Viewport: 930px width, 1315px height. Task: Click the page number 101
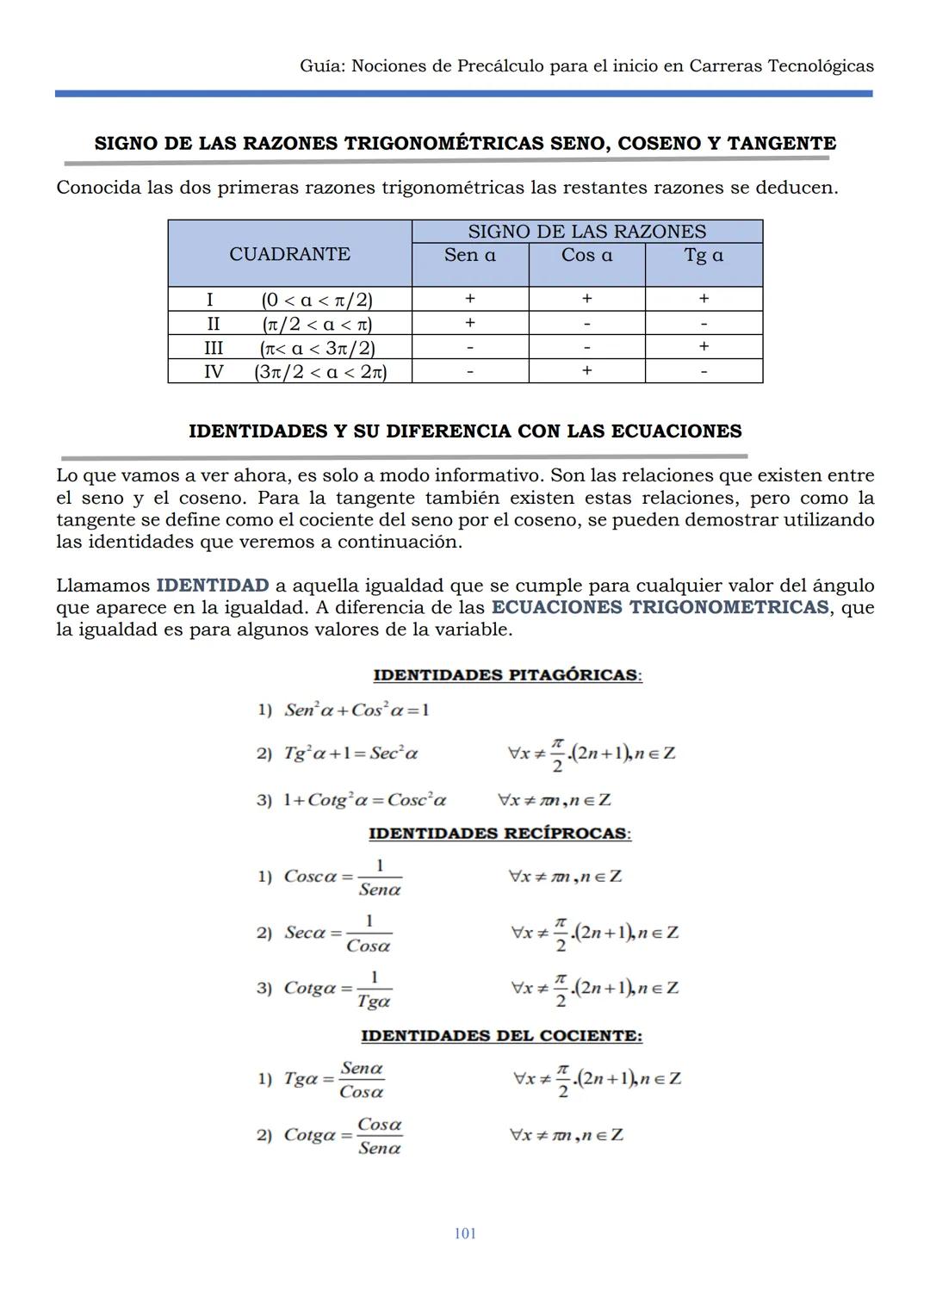pos(465,1233)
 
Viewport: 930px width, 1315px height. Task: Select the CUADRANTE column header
pos(289,254)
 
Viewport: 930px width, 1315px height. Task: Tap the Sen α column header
pos(470,256)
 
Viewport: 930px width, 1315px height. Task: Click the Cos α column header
pos(586,256)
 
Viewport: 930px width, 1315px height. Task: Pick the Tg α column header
pos(704,256)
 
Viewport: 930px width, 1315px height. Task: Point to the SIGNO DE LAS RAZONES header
pos(586,232)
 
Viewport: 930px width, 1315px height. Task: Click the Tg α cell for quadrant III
pos(704,347)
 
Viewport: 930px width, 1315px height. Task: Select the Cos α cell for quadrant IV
pos(586,371)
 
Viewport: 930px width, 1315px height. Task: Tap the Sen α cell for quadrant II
pos(470,323)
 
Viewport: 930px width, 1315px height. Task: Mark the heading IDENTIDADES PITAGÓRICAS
pos(507,675)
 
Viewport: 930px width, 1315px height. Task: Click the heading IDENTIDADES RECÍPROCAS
pos(499,834)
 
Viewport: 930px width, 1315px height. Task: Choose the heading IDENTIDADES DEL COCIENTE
pos(501,1036)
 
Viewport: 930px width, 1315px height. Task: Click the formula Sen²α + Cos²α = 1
pos(356,710)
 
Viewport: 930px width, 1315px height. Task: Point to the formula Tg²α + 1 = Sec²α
pos(351,754)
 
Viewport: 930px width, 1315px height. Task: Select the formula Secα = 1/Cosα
pos(338,934)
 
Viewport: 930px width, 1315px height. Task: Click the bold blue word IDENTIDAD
pos(213,586)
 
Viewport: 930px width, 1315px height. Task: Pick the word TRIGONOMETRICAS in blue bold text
pos(728,607)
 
